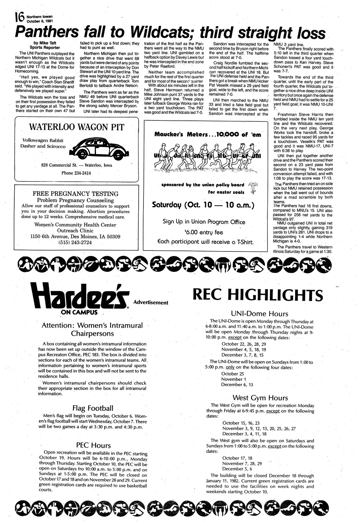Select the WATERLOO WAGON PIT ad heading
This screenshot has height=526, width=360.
(x=77, y=127)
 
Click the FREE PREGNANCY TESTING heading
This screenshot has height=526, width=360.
(x=76, y=194)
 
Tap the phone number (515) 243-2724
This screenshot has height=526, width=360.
(x=75, y=242)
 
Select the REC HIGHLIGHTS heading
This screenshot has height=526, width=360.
(x=258, y=295)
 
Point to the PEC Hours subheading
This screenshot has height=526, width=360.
(x=93, y=445)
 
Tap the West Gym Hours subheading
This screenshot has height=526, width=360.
(x=260, y=398)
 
